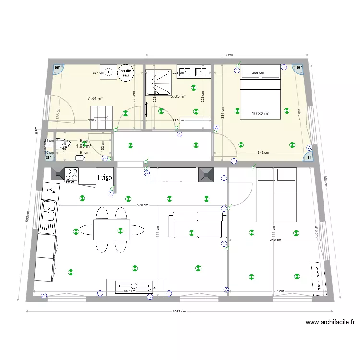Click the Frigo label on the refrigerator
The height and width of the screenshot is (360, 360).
[x=105, y=177]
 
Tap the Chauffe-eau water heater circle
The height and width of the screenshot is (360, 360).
[x=125, y=72]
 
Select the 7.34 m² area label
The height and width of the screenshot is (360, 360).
[x=95, y=98]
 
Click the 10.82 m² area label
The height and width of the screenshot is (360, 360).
[x=261, y=114]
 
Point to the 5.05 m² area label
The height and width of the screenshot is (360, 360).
[x=178, y=96]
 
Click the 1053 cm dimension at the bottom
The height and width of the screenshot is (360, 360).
[x=179, y=311]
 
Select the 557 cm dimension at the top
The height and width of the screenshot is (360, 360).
[x=227, y=55]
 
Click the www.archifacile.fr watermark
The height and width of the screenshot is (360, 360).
[x=330, y=323]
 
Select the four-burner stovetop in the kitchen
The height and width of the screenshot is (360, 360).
[x=72, y=174]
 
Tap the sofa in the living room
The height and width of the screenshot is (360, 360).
[x=197, y=226]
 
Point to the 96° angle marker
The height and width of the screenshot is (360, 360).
[x=300, y=68]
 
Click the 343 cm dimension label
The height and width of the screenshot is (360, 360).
[x=263, y=153]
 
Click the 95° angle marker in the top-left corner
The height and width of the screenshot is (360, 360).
[x=58, y=68]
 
